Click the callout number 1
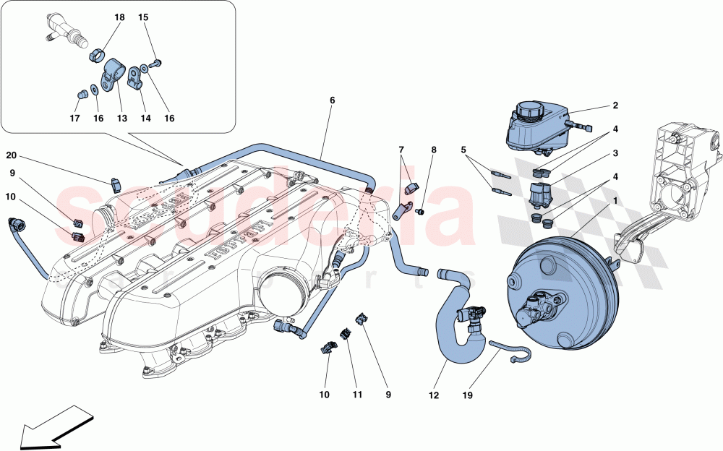point(615,200)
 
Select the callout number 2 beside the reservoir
point(615,106)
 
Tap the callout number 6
point(333,100)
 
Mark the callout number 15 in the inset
point(143,16)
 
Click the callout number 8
point(434,150)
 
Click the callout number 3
point(615,153)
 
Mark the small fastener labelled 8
point(421,211)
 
